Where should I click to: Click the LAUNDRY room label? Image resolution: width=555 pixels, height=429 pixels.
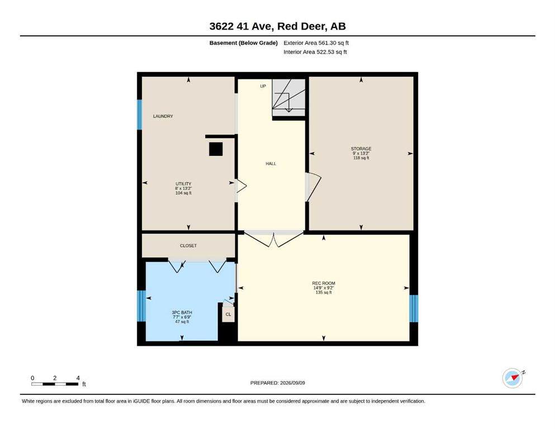pyautogui.click(x=163, y=116)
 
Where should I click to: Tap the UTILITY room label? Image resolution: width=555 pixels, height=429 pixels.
pyautogui.click(x=183, y=184)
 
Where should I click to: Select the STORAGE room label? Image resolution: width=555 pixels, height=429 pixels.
pyautogui.click(x=361, y=149)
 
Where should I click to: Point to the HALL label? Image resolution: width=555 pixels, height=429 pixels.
pyautogui.click(x=271, y=164)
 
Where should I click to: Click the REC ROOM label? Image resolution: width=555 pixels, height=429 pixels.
pyautogui.click(x=324, y=283)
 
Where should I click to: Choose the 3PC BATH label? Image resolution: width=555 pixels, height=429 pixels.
pyautogui.click(x=182, y=312)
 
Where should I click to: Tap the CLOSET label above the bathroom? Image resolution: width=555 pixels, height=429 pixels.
pyautogui.click(x=188, y=245)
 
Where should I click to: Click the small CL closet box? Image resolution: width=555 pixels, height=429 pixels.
pyautogui.click(x=228, y=314)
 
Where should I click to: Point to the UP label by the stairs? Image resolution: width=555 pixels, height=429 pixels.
pyautogui.click(x=263, y=86)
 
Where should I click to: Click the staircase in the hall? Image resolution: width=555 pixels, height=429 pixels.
pyautogui.click(x=288, y=98)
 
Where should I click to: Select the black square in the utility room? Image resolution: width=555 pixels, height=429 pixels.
pyautogui.click(x=216, y=149)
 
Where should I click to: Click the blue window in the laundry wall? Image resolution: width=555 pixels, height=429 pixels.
pyautogui.click(x=140, y=115)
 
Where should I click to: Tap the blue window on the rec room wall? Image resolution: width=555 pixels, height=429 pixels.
pyautogui.click(x=414, y=308)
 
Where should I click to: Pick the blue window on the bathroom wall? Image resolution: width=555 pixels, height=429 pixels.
pyautogui.click(x=141, y=306)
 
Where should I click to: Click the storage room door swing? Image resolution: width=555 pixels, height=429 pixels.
pyautogui.click(x=313, y=187)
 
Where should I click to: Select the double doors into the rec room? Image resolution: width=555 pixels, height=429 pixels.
pyautogui.click(x=274, y=239)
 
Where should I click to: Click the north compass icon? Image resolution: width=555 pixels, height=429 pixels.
pyautogui.click(x=513, y=378)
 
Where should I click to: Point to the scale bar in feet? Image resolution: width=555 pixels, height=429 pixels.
pyautogui.click(x=55, y=384)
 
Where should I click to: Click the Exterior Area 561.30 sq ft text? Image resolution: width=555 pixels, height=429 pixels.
pyautogui.click(x=316, y=43)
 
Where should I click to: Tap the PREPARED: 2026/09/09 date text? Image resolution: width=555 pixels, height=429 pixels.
pyautogui.click(x=277, y=383)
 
